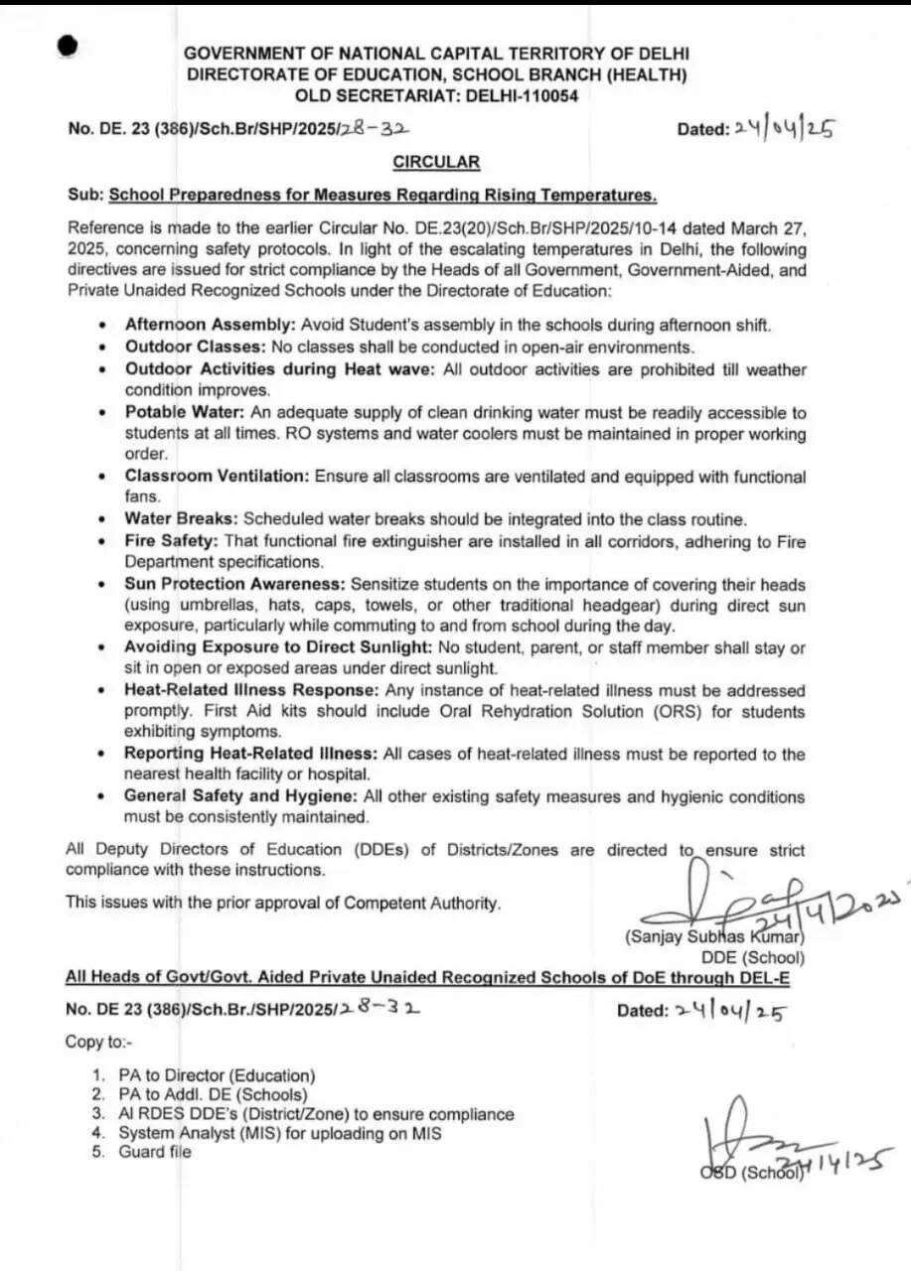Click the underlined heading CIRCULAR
[436, 162]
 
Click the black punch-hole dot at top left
[68, 46]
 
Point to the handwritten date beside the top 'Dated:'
[784, 129]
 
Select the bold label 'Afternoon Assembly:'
[210, 326]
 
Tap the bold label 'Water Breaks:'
[181, 519]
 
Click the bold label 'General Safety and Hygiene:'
[240, 796]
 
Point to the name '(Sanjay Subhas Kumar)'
[714, 936]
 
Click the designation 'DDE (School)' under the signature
[753, 957]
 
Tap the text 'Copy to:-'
[99, 1042]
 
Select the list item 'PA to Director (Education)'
[217, 1075]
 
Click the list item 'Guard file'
[155, 1152]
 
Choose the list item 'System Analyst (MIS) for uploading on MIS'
[280, 1133]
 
